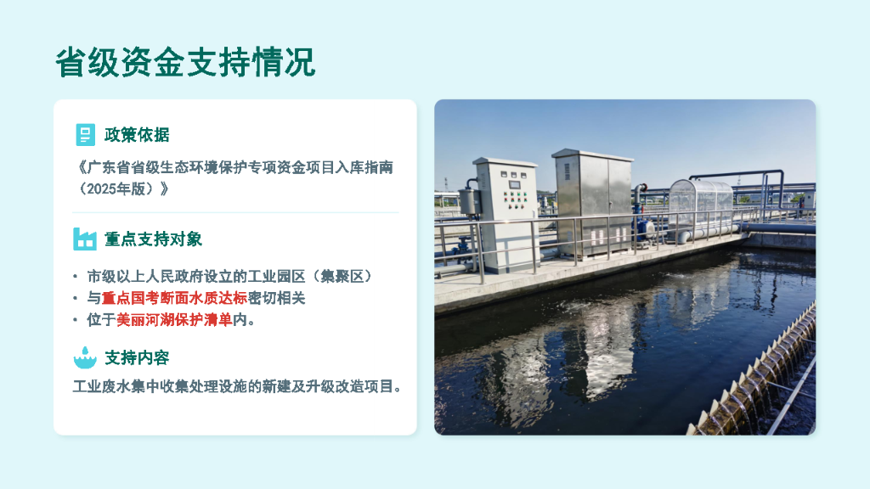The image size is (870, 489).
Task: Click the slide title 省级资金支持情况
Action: tap(185, 63)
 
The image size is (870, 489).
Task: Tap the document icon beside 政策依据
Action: tap(85, 134)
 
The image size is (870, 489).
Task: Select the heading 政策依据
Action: tap(137, 135)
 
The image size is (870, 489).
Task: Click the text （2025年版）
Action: tap(121, 188)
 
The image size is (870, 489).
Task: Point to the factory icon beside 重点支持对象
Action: tap(85, 239)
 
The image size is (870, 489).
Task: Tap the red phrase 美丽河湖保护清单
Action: tap(174, 320)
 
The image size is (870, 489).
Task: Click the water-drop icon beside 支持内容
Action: tap(85, 357)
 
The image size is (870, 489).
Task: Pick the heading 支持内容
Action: tap(137, 358)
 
